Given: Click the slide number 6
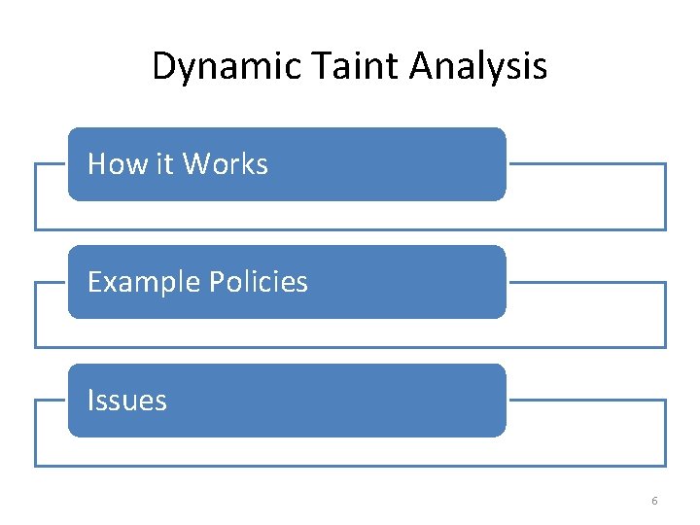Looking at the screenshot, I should pyautogui.click(x=654, y=501).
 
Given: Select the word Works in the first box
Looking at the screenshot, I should pyautogui.click(x=225, y=164).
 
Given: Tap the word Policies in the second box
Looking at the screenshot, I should pyautogui.click(x=259, y=282).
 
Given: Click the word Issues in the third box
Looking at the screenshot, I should pyautogui.click(x=127, y=401).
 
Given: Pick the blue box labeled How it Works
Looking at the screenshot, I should pyautogui.click(x=389, y=164).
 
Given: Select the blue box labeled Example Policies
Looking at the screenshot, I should pyautogui.click(x=408, y=282).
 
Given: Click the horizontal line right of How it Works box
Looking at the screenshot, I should pyautogui.click(x=586, y=163).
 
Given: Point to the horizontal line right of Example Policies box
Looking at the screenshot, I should pyautogui.click(x=586, y=282).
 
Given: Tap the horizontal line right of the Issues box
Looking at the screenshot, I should pyautogui.click(x=586, y=400).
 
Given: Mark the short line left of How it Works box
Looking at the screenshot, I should pyautogui.click(x=51, y=163).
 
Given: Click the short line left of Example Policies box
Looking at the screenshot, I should pyautogui.click(x=51, y=282).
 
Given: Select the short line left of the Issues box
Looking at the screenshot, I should pyautogui.click(x=51, y=400).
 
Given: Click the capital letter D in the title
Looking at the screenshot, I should pyautogui.click(x=163, y=67).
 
